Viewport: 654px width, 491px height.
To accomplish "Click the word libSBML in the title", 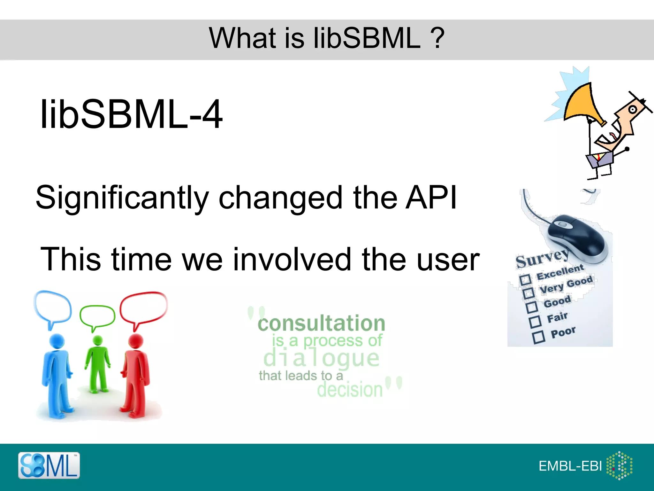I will tap(367, 38).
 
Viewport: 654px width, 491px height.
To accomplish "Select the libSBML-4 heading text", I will tap(131, 114).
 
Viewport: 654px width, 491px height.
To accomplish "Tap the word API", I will tap(431, 198).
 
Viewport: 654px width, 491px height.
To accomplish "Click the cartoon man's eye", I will tap(632, 110).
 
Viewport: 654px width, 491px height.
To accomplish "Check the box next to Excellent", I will tap(525, 280).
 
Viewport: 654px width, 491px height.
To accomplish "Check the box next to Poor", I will tap(539, 337).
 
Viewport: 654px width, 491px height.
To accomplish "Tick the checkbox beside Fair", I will tap(535, 322).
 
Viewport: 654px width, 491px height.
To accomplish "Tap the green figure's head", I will tap(97, 340).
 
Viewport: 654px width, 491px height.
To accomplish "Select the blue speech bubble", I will tap(53, 307).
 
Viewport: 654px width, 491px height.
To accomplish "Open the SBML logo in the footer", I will tap(49, 465).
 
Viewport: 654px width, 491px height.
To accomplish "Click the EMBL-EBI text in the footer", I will tap(570, 466).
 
